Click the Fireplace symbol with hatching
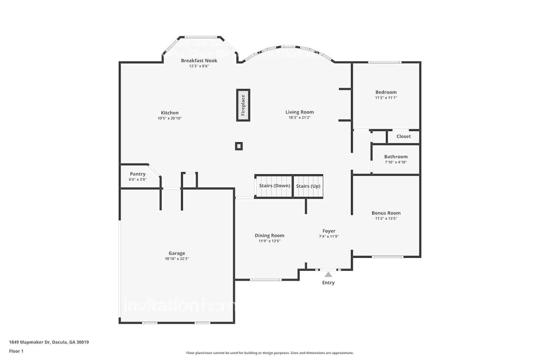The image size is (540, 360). click(x=243, y=105)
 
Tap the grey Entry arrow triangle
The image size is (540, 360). click(x=328, y=274)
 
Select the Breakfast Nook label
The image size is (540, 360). click(x=199, y=60)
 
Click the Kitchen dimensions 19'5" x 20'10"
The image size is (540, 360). click(x=170, y=118)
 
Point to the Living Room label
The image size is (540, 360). click(x=300, y=112)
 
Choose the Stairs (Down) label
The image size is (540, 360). click(x=274, y=186)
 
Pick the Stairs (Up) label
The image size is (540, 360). click(x=308, y=186)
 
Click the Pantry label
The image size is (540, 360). click(x=138, y=174)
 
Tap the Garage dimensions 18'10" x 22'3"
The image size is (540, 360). click(x=177, y=259)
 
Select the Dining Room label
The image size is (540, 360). click(x=269, y=235)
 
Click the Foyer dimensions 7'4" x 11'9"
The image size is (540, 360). click(x=329, y=237)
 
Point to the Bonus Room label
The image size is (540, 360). click(x=386, y=213)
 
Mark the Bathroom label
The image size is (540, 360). click(x=396, y=157)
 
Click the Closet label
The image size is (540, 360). click(x=403, y=136)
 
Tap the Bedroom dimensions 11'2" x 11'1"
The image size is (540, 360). click(x=386, y=98)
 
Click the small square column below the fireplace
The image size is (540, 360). click(x=239, y=146)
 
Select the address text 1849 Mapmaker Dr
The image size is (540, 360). click(x=30, y=342)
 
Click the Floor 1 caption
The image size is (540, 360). click(x=16, y=351)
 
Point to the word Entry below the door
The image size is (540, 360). click(x=328, y=283)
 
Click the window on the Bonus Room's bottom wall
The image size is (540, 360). click(x=387, y=257)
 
